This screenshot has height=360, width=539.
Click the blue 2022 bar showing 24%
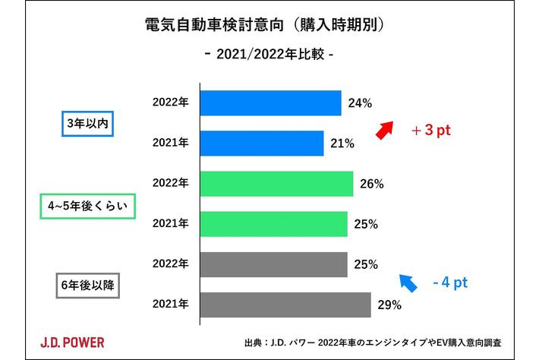[271, 103]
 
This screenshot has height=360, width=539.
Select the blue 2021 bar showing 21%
[262, 143]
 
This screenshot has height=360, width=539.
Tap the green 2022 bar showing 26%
[277, 184]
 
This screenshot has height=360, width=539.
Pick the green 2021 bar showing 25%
[274, 224]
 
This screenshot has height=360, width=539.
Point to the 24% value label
[359, 103]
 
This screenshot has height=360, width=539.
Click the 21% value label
[342, 144]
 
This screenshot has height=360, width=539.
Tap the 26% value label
[371, 185]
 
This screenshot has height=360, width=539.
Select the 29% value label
[389, 306]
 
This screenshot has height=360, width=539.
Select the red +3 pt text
[431, 130]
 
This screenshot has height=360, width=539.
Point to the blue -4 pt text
[449, 283]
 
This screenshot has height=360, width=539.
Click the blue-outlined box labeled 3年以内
[87, 123]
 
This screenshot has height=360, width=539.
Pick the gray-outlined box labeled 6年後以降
[87, 286]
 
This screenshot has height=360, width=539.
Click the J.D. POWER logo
[73, 341]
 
